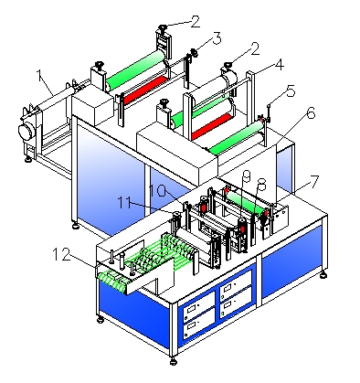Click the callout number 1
coord(39,75)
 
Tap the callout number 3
coord(216,39)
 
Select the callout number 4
coord(278,65)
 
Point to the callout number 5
coord(290,90)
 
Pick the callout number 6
coord(311,113)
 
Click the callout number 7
coord(313,182)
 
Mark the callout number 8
coord(261,184)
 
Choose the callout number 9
coord(246,176)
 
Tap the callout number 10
coord(158,191)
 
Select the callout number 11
coord(124,202)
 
